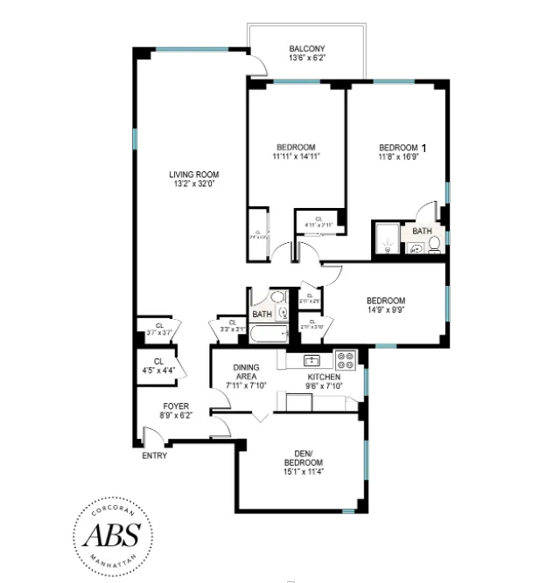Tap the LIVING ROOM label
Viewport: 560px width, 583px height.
tap(193, 174)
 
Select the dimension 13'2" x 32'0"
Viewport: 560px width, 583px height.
tap(193, 184)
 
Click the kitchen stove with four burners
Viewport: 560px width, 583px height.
tap(346, 358)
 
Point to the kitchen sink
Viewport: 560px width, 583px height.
tap(311, 359)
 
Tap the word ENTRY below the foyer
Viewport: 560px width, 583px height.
tap(153, 455)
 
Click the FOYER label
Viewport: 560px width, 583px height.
tap(176, 406)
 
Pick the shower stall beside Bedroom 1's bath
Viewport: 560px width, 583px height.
tap(386, 239)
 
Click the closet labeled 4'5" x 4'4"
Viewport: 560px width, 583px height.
tap(158, 366)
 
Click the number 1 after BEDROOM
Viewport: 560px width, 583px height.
tap(424, 148)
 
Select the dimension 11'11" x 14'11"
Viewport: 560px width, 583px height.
tap(296, 157)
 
